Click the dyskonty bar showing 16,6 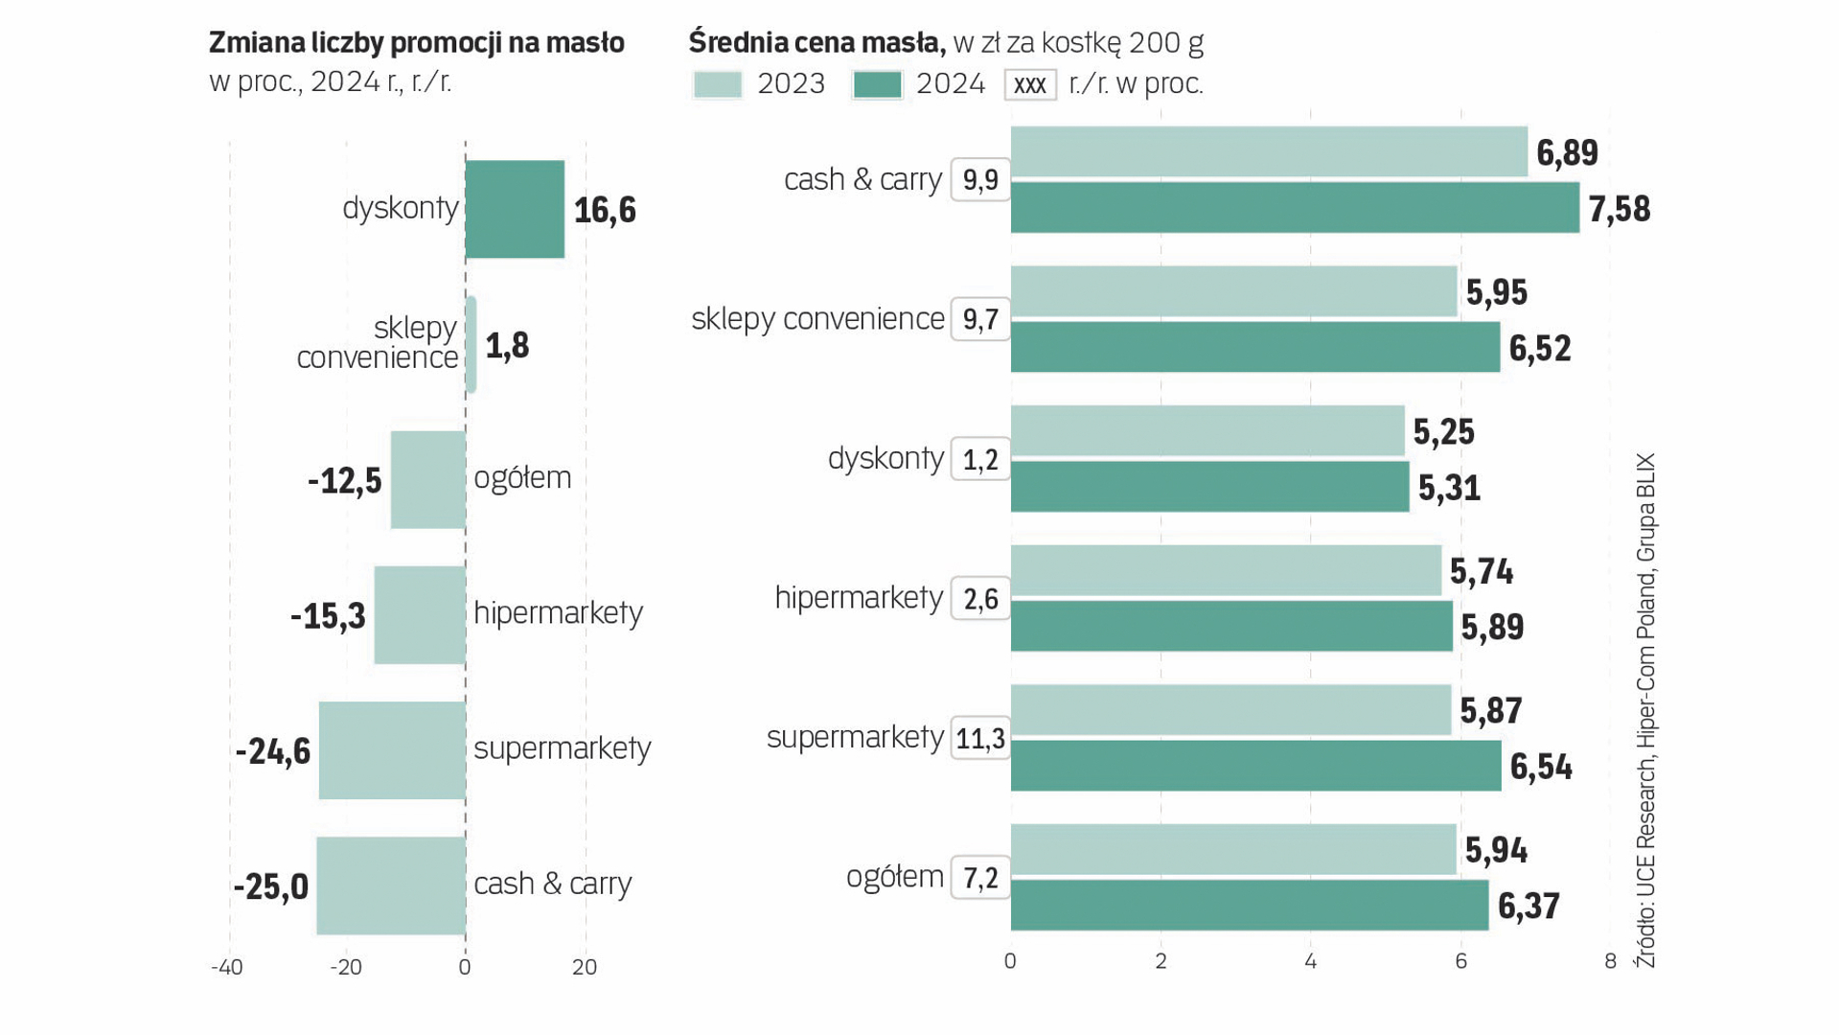pyautogui.click(x=515, y=209)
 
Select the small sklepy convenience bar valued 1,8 pyautogui.click(x=471, y=345)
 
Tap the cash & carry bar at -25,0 pyautogui.click(x=391, y=885)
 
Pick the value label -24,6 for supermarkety pyautogui.click(x=273, y=751)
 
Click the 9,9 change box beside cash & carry pyautogui.click(x=980, y=180)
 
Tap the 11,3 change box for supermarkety pyautogui.click(x=980, y=738)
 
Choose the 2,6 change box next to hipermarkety pyautogui.click(x=980, y=599)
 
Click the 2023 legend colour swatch pyautogui.click(x=717, y=84)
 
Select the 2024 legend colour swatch pyautogui.click(x=877, y=84)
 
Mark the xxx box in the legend pyautogui.click(x=1030, y=84)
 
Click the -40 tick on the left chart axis pyautogui.click(x=227, y=967)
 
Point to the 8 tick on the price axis pyautogui.click(x=1610, y=961)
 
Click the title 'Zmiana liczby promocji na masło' pyautogui.click(x=417, y=43)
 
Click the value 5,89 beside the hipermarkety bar pyautogui.click(x=1492, y=627)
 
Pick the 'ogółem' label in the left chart pyautogui.click(x=522, y=477)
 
